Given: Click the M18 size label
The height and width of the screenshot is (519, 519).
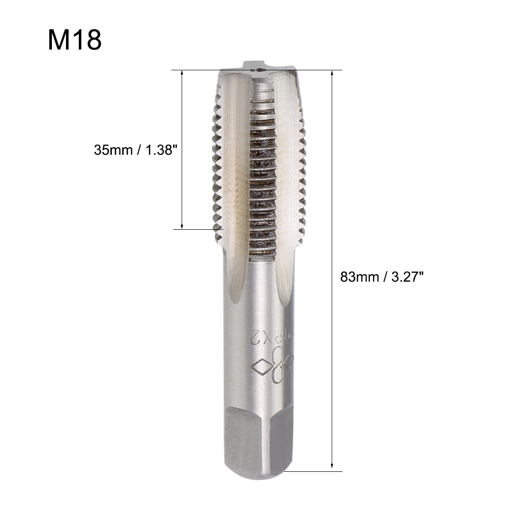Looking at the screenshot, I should [75, 40].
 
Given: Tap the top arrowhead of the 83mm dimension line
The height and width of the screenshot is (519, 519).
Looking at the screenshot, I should [333, 74].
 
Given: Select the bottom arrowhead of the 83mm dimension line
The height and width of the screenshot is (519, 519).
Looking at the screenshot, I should [333, 467].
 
